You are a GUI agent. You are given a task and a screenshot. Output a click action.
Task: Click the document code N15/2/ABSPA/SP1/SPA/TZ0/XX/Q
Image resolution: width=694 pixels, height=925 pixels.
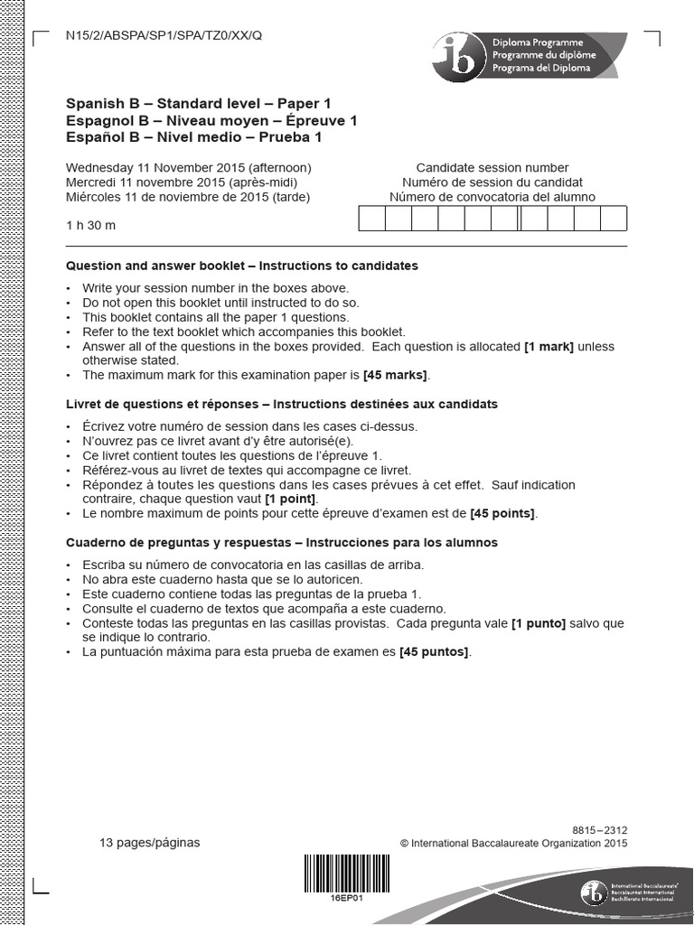[x=164, y=35]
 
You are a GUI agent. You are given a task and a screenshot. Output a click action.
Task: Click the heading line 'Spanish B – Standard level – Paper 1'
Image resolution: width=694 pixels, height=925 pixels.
[x=198, y=104]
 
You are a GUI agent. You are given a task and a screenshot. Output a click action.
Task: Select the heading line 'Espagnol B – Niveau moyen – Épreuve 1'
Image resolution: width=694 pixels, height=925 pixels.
[x=211, y=121]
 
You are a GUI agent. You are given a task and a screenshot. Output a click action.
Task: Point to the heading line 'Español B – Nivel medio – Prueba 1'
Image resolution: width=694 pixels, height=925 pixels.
[x=193, y=138]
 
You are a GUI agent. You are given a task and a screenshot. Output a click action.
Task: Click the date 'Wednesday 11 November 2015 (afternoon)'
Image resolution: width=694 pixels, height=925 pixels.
[x=188, y=168]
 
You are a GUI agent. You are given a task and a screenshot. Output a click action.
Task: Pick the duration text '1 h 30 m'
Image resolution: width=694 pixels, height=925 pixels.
[x=90, y=225]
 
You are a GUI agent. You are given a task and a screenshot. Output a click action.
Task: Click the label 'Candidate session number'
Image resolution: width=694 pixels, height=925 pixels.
[x=492, y=168]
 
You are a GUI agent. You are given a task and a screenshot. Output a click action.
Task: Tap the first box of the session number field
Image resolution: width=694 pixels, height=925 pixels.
[x=372, y=220]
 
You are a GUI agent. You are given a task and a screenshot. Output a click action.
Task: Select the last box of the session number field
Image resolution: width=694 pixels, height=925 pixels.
[x=614, y=220]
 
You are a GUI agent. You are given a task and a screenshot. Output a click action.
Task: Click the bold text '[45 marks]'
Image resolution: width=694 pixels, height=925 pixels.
[x=396, y=375]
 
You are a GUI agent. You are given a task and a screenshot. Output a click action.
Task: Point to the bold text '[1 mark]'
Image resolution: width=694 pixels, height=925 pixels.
[x=549, y=346]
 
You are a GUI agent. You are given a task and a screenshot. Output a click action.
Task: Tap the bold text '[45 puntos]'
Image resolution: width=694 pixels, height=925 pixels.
[x=435, y=651]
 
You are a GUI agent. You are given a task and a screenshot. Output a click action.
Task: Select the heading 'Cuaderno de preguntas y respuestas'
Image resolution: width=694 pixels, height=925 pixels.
[x=182, y=543]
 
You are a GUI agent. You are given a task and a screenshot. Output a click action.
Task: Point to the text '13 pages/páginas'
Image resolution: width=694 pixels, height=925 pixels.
[x=150, y=843]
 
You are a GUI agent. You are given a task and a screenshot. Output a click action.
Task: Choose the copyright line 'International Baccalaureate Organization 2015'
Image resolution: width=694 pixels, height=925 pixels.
[x=513, y=844]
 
